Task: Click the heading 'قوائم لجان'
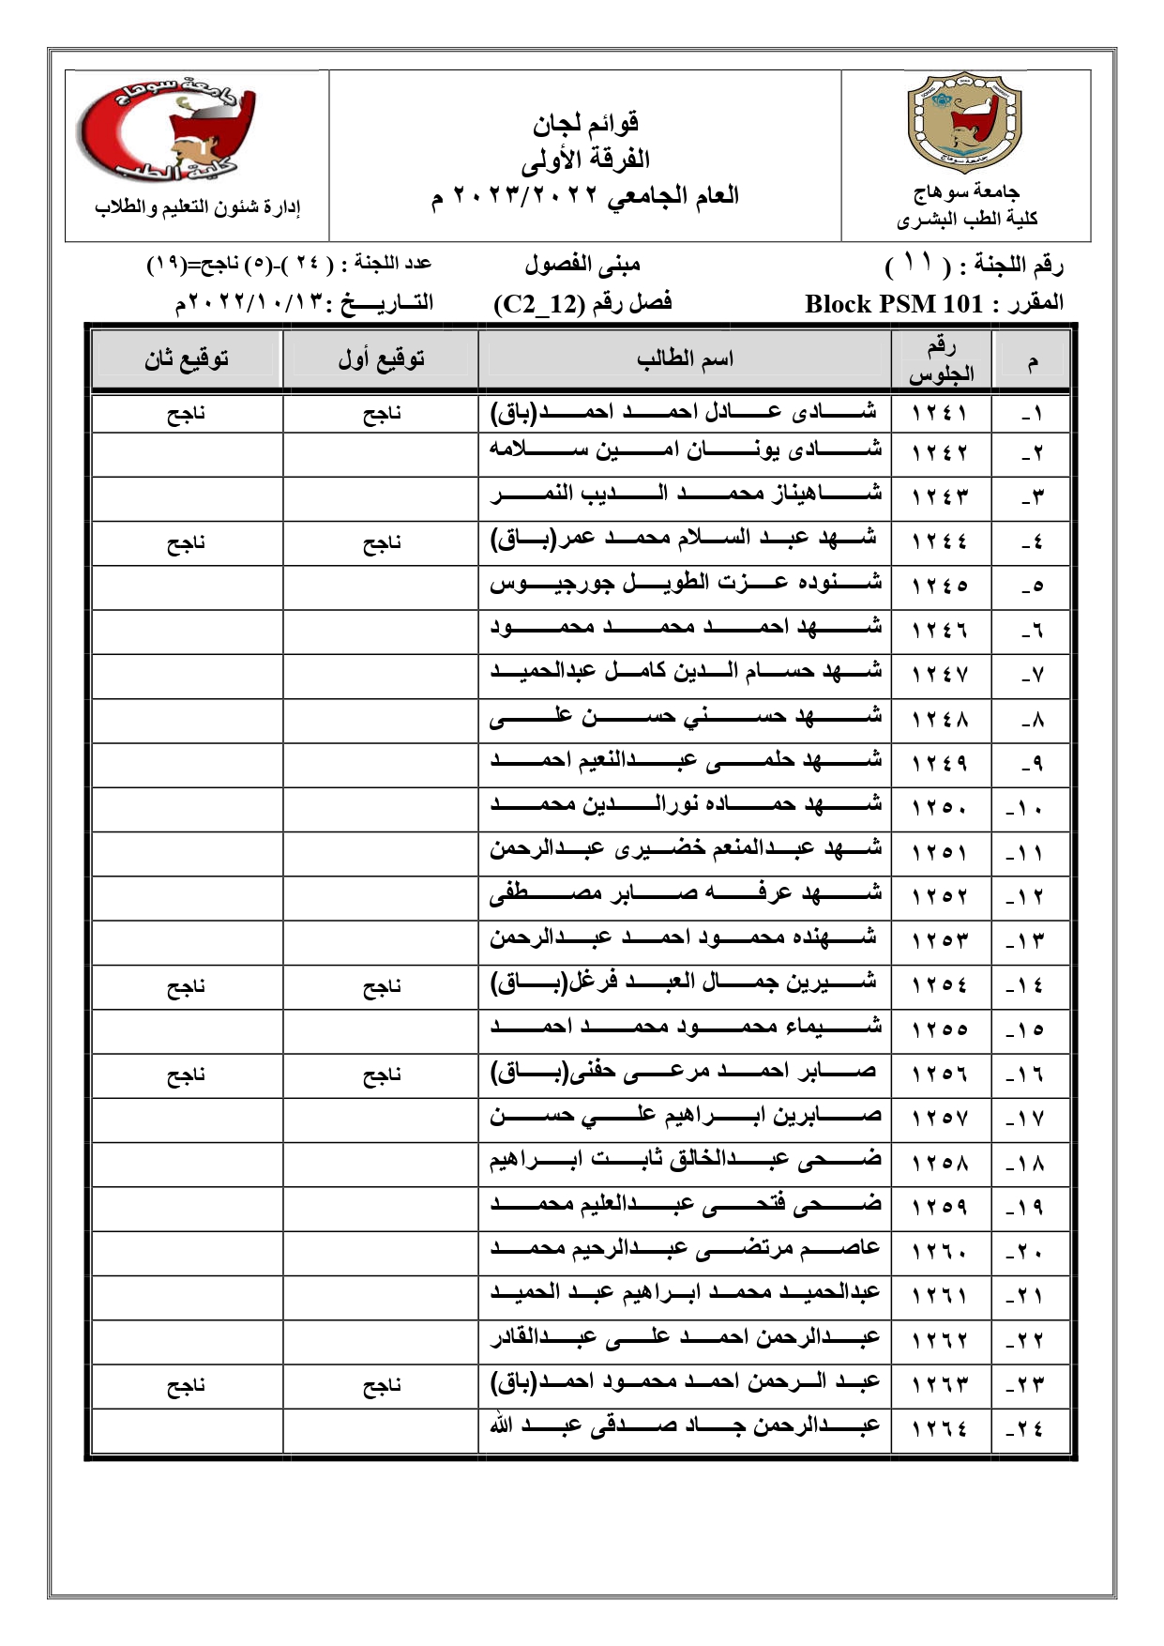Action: point(585,122)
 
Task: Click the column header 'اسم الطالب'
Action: point(685,358)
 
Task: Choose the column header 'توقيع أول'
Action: point(381,358)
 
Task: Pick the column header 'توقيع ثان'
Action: point(187,358)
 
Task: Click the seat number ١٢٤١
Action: point(939,413)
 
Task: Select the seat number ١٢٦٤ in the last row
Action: point(939,1429)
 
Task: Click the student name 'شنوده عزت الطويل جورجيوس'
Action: point(686,584)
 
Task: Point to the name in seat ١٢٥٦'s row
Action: point(684,1072)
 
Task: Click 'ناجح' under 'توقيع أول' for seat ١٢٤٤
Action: point(382,542)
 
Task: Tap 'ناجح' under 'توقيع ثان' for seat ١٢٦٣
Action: point(186,1385)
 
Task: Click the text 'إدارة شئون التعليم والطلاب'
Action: point(198,207)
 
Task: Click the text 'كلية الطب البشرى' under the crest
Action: point(967,220)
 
